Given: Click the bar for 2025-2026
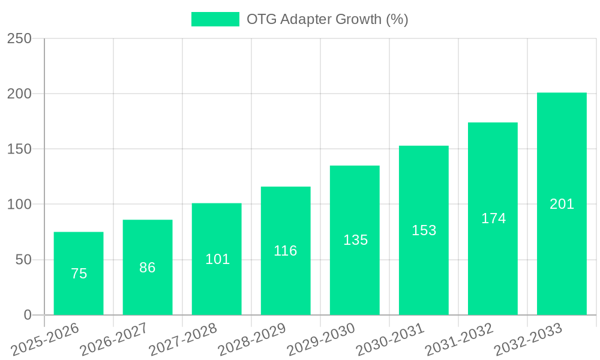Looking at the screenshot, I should tap(79, 273).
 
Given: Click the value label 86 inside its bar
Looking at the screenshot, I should tap(148, 268).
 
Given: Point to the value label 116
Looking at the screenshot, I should tap(286, 251).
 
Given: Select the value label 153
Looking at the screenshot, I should tap(424, 230).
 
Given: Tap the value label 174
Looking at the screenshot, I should tap(493, 218).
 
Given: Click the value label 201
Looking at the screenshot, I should tap(562, 204).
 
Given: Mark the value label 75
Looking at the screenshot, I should tap(79, 274).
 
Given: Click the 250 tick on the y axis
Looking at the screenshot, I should tap(19, 39).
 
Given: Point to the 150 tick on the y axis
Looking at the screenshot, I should tap(19, 149).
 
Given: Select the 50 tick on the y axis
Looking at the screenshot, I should tap(23, 260).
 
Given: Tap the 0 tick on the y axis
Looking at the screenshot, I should tap(28, 315).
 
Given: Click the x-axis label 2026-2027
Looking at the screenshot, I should tap(114, 340).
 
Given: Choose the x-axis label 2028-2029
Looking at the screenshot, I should tap(252, 340).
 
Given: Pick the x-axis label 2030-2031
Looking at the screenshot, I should tap(390, 340).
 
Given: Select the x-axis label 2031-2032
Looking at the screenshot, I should tap(459, 340).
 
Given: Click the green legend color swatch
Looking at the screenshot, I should tap(215, 19).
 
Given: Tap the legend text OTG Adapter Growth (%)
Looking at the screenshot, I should tap(327, 19).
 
